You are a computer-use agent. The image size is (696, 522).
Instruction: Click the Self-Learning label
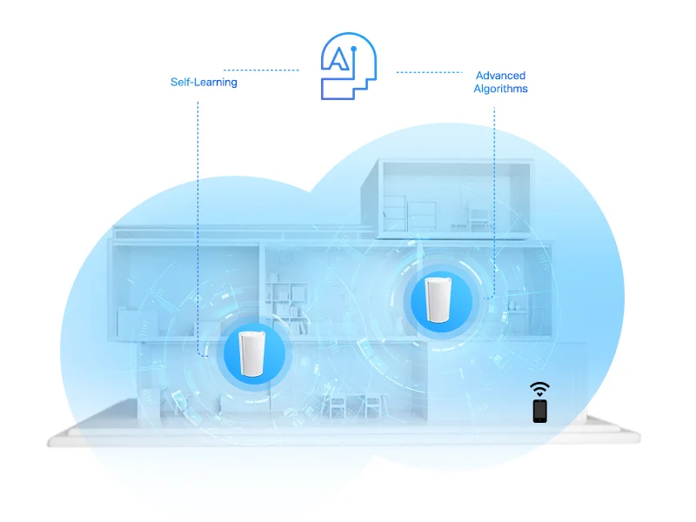coord(204,82)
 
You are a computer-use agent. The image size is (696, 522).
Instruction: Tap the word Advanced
coord(501,76)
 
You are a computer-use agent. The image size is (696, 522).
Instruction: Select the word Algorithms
coord(501,89)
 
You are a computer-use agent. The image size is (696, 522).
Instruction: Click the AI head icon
coord(349,66)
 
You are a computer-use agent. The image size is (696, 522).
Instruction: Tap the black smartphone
coord(539,411)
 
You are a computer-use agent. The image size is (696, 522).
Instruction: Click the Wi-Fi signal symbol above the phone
coord(539,389)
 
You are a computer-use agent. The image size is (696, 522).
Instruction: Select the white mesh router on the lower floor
coord(251,354)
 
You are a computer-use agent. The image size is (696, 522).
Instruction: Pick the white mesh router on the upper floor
coord(438,299)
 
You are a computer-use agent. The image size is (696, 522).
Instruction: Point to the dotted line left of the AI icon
coord(261,70)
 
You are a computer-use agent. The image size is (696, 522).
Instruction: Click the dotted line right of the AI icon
coord(429,72)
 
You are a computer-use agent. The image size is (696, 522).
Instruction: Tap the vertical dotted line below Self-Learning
coord(198,229)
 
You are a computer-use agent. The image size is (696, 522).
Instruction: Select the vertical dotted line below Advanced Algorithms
coord(494,202)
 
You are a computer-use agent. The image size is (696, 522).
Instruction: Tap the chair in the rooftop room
coord(479,220)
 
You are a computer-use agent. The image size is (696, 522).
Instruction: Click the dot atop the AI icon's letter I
coord(354,49)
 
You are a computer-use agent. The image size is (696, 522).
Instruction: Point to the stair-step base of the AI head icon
coord(349,88)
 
